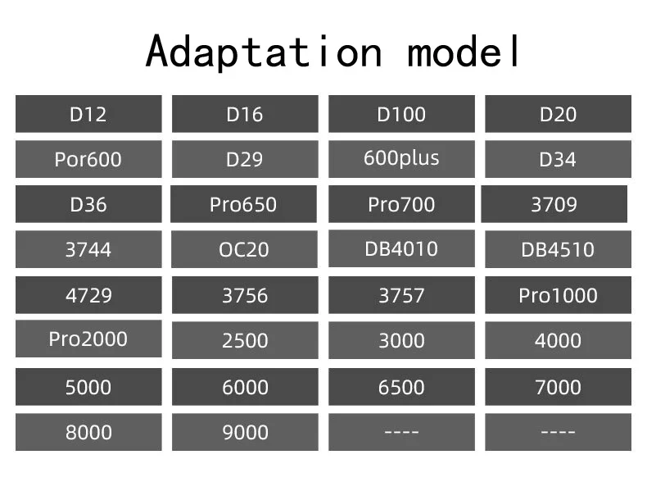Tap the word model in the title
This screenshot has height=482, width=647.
point(464,52)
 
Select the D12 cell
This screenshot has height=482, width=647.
point(88,114)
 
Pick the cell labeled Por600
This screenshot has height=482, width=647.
point(88,159)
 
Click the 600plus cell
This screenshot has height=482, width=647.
point(401,158)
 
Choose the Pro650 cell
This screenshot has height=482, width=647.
point(243,204)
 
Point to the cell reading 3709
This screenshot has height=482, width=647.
point(554,204)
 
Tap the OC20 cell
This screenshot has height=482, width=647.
point(244,249)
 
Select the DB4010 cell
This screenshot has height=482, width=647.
point(401,248)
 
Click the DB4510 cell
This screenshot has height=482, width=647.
point(558,249)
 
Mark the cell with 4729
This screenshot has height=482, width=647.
point(88,295)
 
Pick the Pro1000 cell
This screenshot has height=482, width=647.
point(558,295)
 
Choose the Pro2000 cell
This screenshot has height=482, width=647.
point(88,339)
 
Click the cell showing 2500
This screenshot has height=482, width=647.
point(244,340)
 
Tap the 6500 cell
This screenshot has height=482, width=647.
point(401,387)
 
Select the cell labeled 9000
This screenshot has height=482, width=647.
point(244,432)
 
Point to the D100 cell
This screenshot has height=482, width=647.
point(401,114)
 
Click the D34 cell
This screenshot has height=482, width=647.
point(558,159)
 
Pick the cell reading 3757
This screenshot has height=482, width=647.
point(401,295)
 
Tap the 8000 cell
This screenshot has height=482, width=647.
point(88,432)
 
